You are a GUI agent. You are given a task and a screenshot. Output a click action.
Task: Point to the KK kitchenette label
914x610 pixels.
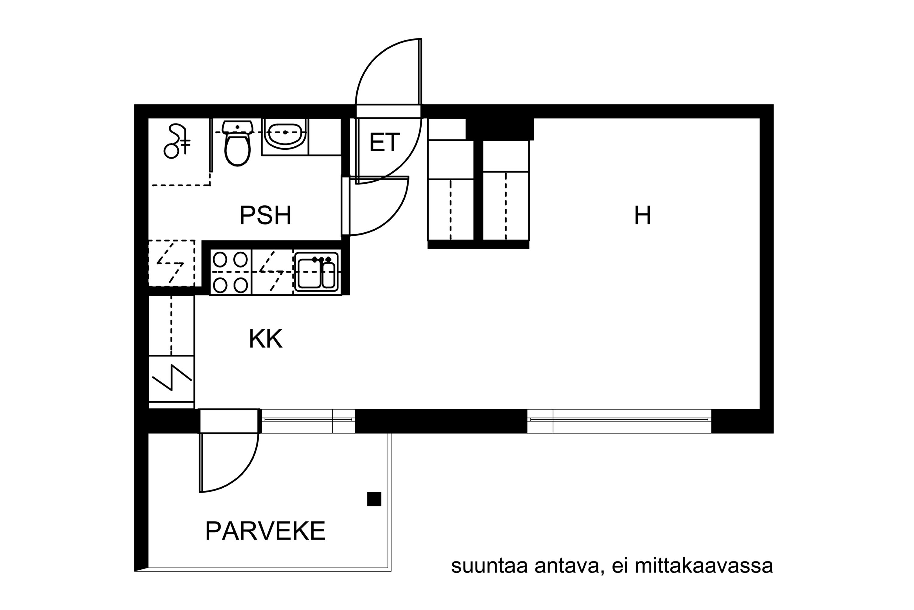tap(265, 339)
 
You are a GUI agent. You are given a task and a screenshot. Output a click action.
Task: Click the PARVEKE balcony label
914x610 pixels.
tap(265, 531)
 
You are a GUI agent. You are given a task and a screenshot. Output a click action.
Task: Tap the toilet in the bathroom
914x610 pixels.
tap(237, 143)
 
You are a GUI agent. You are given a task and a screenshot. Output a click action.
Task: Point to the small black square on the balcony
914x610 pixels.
tap(374, 499)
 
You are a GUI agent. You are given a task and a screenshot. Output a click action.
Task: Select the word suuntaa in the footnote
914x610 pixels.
tap(489, 567)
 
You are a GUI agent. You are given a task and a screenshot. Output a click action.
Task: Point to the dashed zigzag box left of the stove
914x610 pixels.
tap(171, 264)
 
